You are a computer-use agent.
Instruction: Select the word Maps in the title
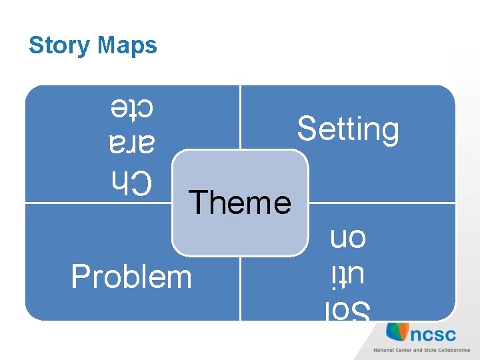(x=127, y=45)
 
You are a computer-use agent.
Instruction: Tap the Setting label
(x=348, y=128)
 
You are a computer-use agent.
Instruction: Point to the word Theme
(x=240, y=202)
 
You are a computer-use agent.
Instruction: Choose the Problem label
(x=131, y=277)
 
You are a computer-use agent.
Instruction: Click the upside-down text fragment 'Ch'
(x=132, y=181)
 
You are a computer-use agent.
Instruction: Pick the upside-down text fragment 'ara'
(x=132, y=144)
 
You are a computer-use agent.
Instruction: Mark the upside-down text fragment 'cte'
(x=132, y=107)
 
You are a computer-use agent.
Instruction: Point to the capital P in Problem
(x=79, y=277)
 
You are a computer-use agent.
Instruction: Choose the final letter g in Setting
(x=391, y=131)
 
